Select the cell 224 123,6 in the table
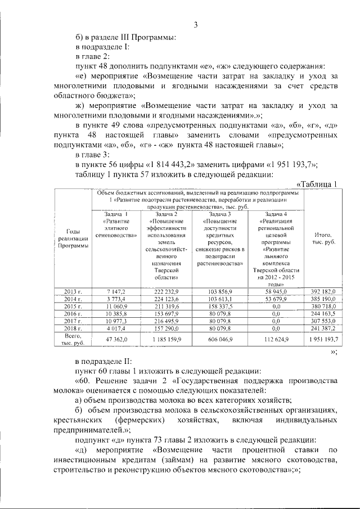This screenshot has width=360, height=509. click(164, 299)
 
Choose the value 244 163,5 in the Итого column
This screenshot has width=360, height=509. click(323, 313)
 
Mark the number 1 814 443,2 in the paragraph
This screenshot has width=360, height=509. click(173, 164)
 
